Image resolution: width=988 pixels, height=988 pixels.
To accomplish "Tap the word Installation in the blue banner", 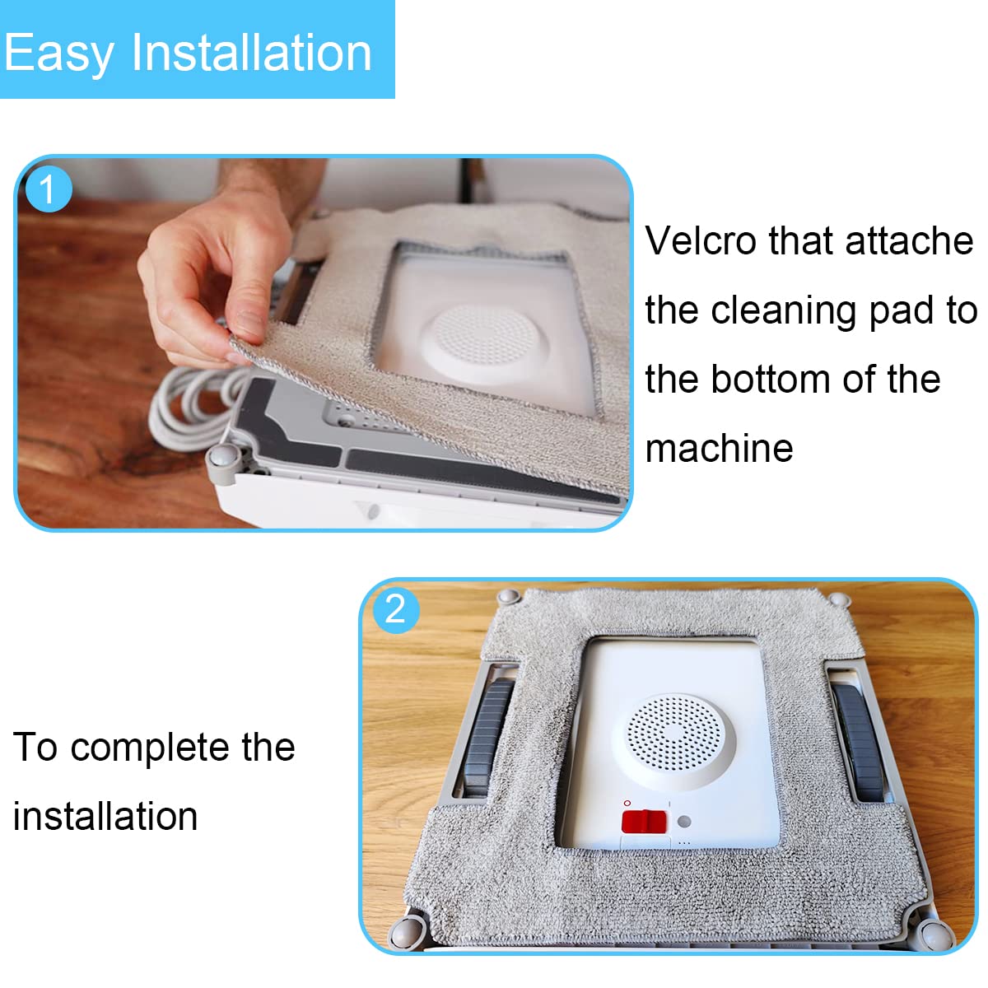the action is click(x=251, y=52).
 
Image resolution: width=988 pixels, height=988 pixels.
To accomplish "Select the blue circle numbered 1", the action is click(x=49, y=189).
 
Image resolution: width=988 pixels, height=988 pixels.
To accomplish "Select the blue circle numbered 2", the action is click(x=396, y=609).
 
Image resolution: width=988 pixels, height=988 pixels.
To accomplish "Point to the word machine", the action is click(x=719, y=449).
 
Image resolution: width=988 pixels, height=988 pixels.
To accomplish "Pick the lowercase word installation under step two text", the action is click(x=105, y=816).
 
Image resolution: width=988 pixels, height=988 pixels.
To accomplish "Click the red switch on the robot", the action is click(x=644, y=822).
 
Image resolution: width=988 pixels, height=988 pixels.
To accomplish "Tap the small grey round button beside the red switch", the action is click(x=683, y=822).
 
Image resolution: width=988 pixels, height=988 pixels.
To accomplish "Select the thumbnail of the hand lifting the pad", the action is click(x=324, y=343).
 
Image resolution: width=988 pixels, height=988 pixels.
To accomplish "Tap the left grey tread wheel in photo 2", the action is click(x=487, y=739).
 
